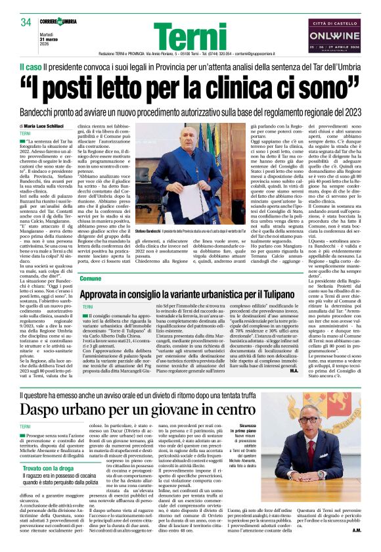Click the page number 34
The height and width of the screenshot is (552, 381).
(26, 23)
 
